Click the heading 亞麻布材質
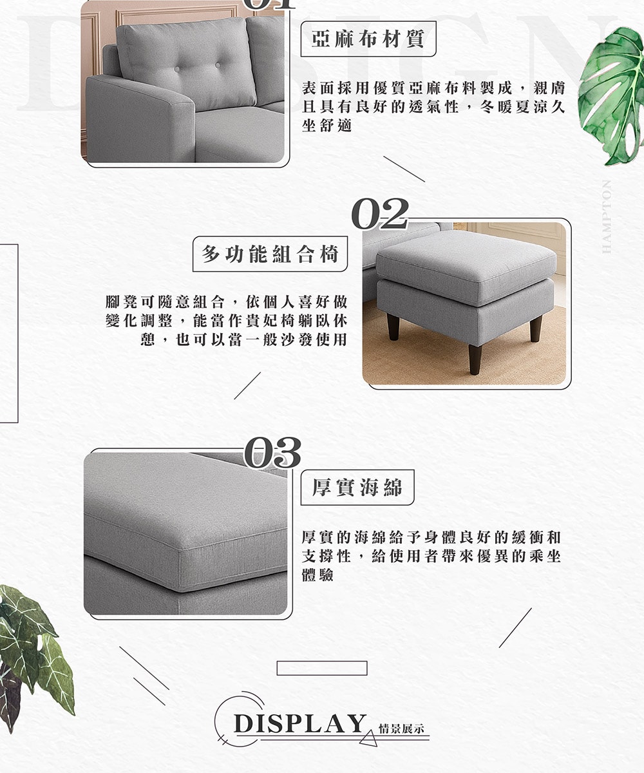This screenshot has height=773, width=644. tap(368, 39)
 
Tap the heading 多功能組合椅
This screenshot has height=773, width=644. tap(270, 254)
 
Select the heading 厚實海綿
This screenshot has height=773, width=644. tap(357, 487)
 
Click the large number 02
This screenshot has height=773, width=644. tap(380, 214)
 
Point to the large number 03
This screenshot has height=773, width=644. tap(272, 452)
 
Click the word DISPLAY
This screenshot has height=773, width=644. tap(300, 724)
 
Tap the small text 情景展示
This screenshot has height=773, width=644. tap(401, 728)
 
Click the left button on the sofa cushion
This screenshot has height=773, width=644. tap(177, 69)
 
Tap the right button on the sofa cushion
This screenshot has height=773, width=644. tap(218, 66)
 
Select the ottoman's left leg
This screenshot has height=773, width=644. tap(393, 327)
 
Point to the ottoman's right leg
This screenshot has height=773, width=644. tap(536, 329)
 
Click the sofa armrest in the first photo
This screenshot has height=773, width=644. tap(140, 119)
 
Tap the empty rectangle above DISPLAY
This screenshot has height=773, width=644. tap(322, 668)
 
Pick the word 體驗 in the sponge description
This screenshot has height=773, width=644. tap(317, 575)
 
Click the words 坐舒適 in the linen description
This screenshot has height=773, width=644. tap(327, 126)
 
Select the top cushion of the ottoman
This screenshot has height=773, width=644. tap(466, 267)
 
